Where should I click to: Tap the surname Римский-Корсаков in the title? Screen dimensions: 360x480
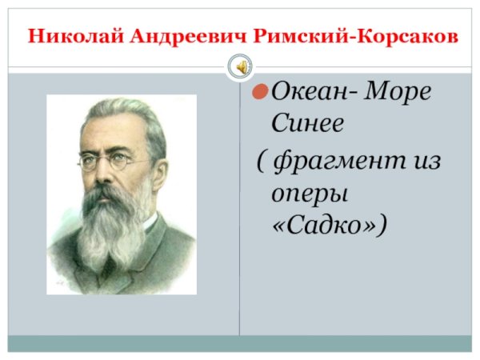coord(356,36)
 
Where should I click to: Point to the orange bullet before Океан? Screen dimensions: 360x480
coord(259,94)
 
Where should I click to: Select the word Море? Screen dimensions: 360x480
coord(397,94)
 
